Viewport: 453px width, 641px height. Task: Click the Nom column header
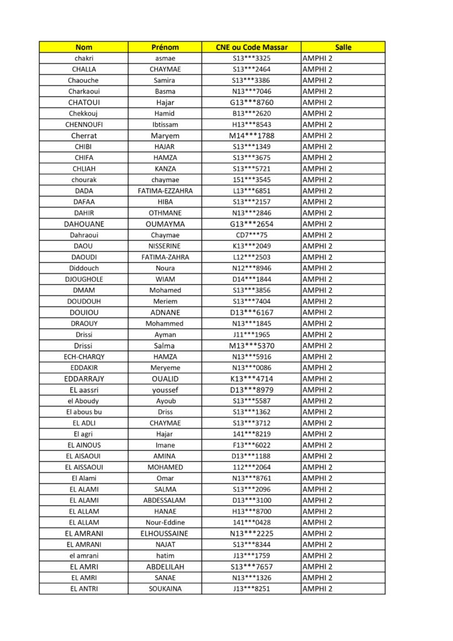coord(83,47)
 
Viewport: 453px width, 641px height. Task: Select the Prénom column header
coord(165,47)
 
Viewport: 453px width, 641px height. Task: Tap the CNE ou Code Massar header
coord(251,47)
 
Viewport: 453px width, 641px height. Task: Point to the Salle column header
coord(343,47)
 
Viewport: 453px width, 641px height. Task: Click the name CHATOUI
coord(84,103)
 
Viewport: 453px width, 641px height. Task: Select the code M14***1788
coord(251,136)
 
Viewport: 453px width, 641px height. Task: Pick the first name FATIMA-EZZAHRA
coord(165,191)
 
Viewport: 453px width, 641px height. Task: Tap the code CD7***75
coord(251,235)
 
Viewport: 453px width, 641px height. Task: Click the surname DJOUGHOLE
coord(84,279)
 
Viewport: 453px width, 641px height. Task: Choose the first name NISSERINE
coord(165,246)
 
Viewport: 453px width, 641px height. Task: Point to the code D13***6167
coord(251,312)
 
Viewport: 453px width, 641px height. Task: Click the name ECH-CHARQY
coord(84,357)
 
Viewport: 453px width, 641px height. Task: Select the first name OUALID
coord(165,379)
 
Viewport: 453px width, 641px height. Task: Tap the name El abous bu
coord(84,412)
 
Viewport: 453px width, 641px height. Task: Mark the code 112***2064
coord(251,467)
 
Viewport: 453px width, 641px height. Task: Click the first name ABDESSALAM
coord(165,500)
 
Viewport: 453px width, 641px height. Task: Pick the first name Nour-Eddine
coord(165,523)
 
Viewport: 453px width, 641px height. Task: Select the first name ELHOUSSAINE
coord(165,533)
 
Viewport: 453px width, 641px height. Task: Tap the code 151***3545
coord(251,180)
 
